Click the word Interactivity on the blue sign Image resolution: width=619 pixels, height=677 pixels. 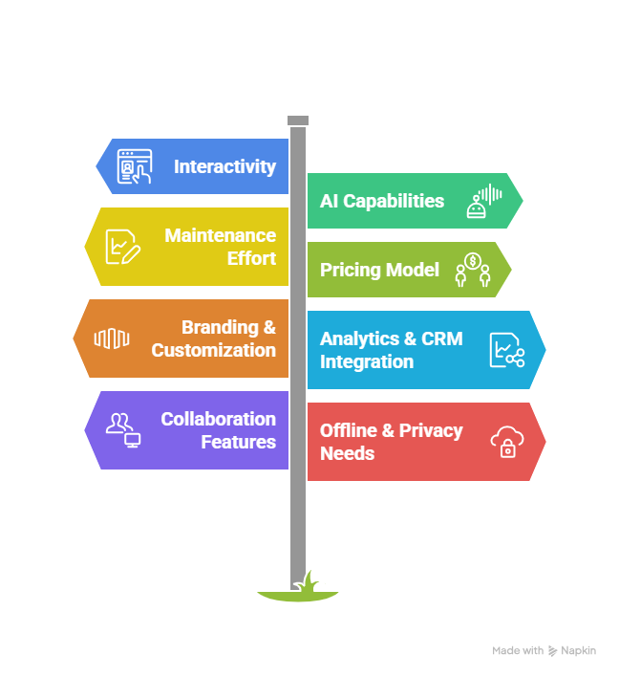pyautogui.click(x=224, y=166)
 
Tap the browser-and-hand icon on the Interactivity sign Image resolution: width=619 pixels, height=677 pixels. pyautogui.click(x=133, y=166)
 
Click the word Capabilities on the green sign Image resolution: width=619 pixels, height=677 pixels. pyautogui.click(x=394, y=201)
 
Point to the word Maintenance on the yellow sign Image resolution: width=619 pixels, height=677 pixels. pyautogui.click(x=220, y=235)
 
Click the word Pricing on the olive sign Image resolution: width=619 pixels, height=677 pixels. pyautogui.click(x=350, y=270)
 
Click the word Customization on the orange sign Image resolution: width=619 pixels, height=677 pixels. pyautogui.click(x=213, y=350)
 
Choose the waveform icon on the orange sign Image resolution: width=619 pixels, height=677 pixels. pyautogui.click(x=111, y=338)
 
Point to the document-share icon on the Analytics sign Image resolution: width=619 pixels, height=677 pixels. pyautogui.click(x=507, y=350)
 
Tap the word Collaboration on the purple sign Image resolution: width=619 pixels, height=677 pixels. pyautogui.click(x=218, y=419)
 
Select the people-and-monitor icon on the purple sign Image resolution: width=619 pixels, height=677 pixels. pyautogui.click(x=123, y=430)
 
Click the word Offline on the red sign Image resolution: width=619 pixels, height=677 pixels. pyautogui.click(x=349, y=430)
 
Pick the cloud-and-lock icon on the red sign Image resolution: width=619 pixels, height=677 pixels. pyautogui.click(x=506, y=441)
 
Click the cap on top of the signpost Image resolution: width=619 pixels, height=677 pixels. pyautogui.click(x=298, y=120)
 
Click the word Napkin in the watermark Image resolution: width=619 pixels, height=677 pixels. pyautogui.click(x=579, y=651)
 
